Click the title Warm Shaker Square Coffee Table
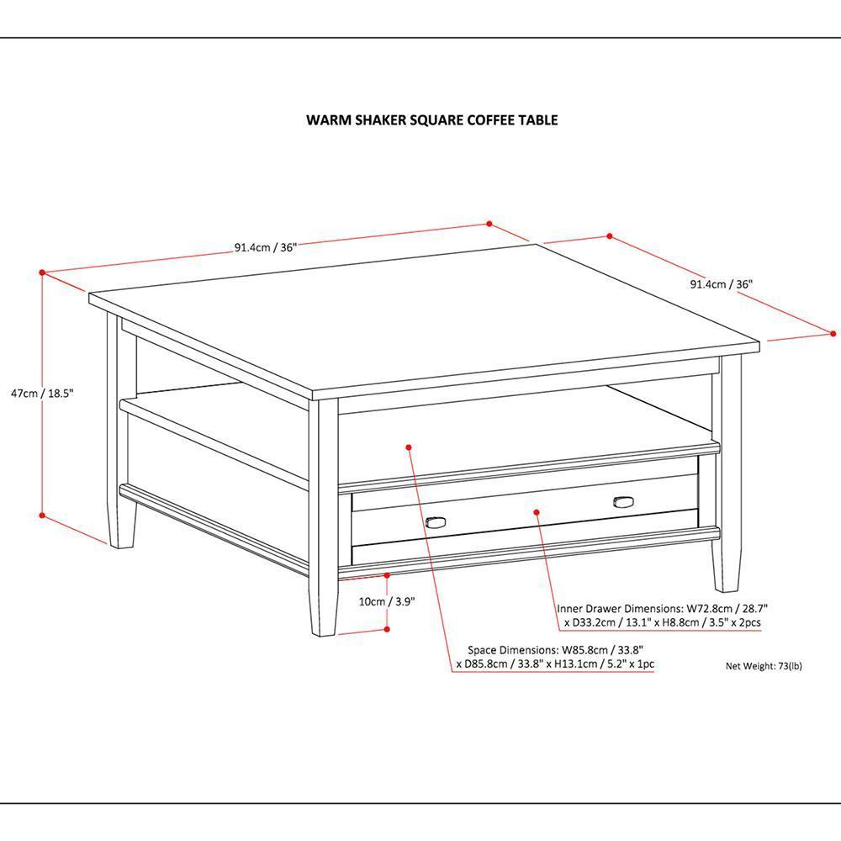click(x=431, y=120)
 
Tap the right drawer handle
click(x=623, y=502)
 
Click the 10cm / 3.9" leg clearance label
click(x=387, y=601)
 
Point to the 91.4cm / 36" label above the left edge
click(x=266, y=247)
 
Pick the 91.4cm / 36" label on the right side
click(x=721, y=284)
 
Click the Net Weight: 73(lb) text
click(x=764, y=665)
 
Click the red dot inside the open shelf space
click(x=409, y=447)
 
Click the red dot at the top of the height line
click(x=42, y=272)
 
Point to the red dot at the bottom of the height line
click(x=42, y=516)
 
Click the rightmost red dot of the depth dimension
click(x=832, y=333)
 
